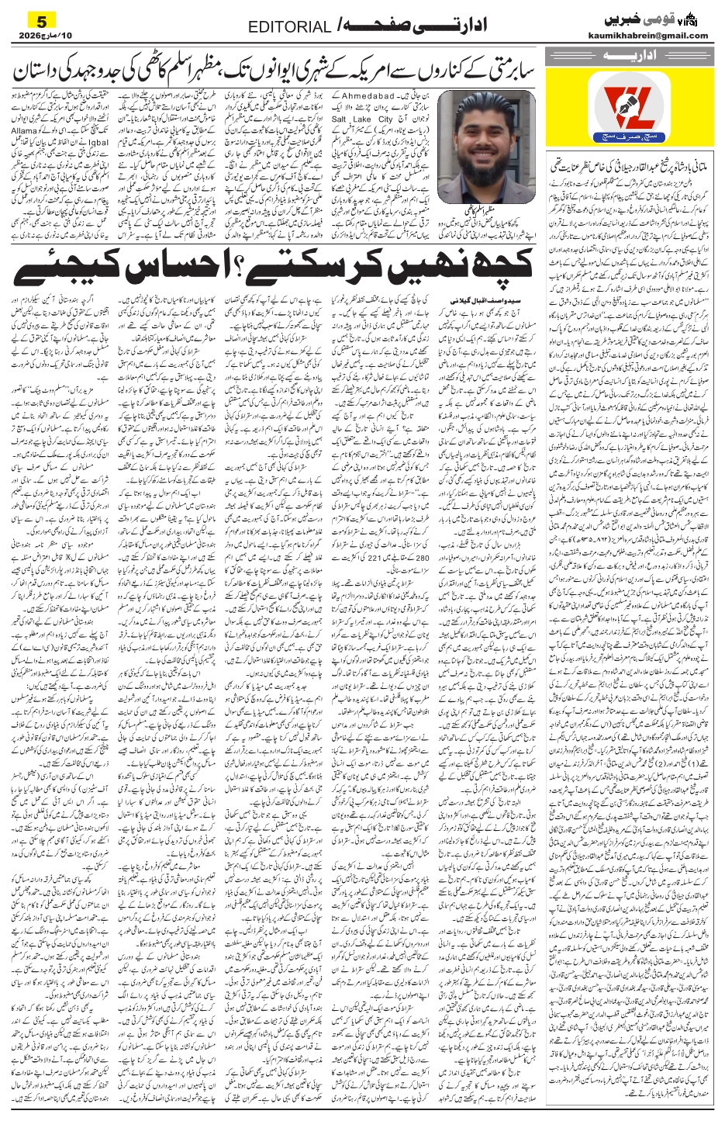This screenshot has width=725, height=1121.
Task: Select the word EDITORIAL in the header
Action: tap(289, 28)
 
